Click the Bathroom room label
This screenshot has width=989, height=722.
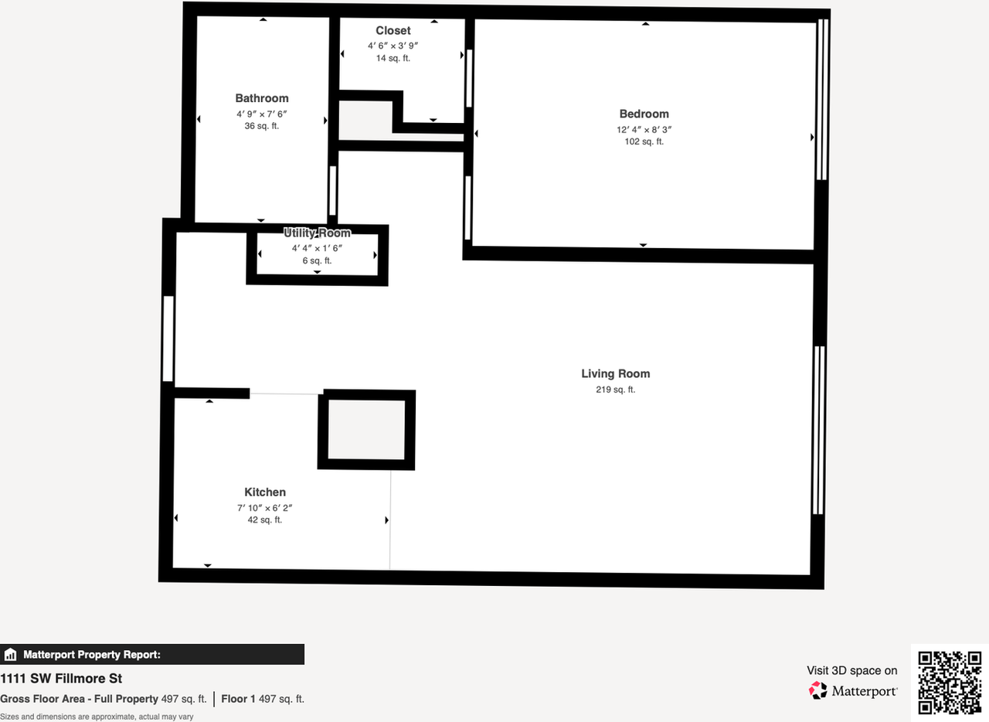click(262, 98)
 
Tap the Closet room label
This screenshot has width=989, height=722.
click(393, 30)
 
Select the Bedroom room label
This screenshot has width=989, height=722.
click(644, 114)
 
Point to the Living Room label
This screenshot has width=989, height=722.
click(616, 374)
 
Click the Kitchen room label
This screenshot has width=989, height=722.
click(265, 492)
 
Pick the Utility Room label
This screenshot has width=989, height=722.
click(317, 233)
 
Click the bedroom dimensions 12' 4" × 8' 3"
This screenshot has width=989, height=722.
click(644, 129)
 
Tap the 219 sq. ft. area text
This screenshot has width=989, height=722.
click(616, 390)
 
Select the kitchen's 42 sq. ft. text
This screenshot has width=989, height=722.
click(265, 520)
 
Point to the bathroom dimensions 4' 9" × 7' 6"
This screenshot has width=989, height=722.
click(262, 114)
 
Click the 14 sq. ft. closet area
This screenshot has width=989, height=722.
click(393, 58)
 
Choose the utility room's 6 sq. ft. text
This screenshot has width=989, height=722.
click(317, 261)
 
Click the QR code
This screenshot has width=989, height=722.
click(950, 683)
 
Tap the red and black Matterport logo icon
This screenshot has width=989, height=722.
click(817, 690)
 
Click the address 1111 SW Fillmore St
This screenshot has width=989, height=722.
click(61, 679)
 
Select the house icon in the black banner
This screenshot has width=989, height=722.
click(11, 655)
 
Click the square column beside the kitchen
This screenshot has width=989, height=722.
click(366, 430)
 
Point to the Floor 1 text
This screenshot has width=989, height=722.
click(239, 699)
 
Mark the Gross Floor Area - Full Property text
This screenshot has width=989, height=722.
click(79, 699)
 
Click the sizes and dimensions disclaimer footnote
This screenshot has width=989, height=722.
click(97, 717)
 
